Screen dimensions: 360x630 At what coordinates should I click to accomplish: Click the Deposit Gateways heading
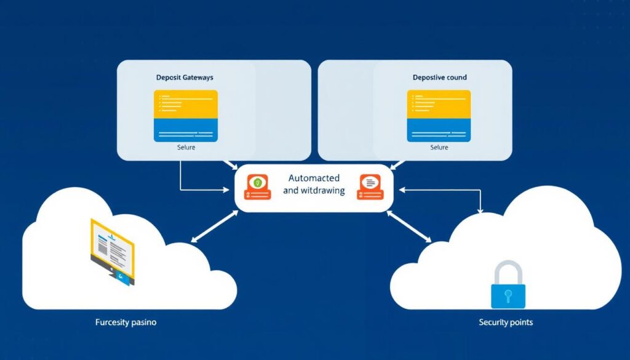[x=185, y=78]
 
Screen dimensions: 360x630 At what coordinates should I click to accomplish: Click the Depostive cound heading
[x=439, y=78]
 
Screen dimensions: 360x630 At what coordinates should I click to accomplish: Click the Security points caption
[x=506, y=322]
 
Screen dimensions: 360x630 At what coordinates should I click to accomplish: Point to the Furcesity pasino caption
[x=126, y=322]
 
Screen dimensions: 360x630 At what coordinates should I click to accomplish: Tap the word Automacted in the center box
[x=314, y=178]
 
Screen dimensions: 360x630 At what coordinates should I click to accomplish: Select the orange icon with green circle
[x=258, y=187]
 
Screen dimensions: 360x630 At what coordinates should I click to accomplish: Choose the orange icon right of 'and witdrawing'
[x=370, y=187]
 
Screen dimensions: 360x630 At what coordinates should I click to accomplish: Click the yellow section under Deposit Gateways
[x=185, y=104]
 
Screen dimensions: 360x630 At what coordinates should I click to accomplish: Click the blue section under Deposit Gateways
[x=185, y=130]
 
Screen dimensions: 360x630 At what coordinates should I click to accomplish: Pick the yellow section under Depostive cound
[x=439, y=104]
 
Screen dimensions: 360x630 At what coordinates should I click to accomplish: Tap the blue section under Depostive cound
[x=439, y=130]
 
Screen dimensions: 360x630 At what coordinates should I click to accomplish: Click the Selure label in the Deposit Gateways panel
[x=185, y=148]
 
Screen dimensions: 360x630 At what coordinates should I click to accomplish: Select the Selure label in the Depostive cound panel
[x=439, y=148]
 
